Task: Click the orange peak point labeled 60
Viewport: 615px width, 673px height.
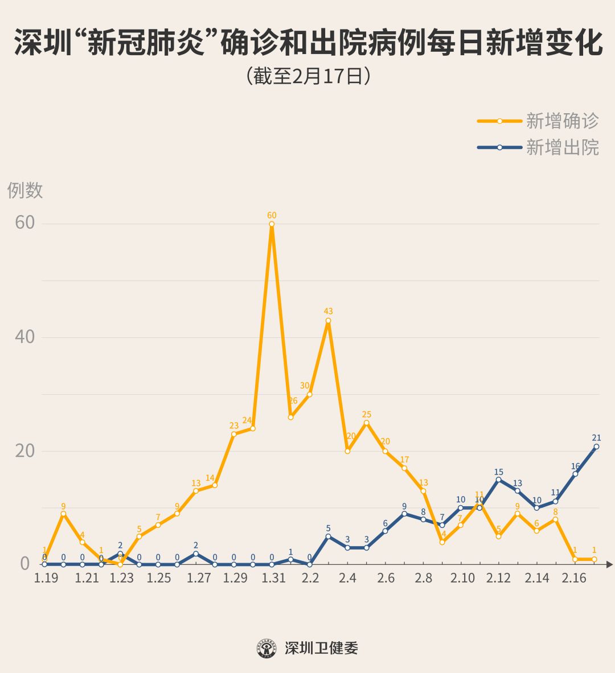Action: [x=272, y=224]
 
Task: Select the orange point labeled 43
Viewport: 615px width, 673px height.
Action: [x=329, y=320]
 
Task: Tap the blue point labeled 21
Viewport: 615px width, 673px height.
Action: [x=596, y=447]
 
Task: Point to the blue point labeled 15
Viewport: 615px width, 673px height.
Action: [x=498, y=480]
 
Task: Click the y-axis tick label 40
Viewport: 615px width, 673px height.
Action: [x=24, y=337]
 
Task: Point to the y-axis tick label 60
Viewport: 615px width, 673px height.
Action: [x=24, y=223]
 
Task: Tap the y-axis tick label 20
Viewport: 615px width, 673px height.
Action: [x=24, y=451]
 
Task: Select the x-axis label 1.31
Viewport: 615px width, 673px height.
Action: [x=273, y=579]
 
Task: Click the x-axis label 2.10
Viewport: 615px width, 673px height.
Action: [x=462, y=579]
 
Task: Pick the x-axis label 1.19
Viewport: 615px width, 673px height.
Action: [x=46, y=579]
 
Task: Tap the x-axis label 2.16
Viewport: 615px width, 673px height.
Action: [x=574, y=579]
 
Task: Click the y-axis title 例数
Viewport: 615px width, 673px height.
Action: [x=25, y=190]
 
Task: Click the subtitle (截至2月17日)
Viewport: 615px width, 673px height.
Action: [x=308, y=76]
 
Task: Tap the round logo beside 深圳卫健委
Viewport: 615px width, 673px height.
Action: [x=266, y=648]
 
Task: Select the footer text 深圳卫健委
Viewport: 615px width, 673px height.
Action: [x=321, y=648]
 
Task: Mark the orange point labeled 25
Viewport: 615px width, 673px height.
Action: [x=366, y=423]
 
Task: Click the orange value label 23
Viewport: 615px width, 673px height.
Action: [x=234, y=426]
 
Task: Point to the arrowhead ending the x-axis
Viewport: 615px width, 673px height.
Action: [x=609, y=564]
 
